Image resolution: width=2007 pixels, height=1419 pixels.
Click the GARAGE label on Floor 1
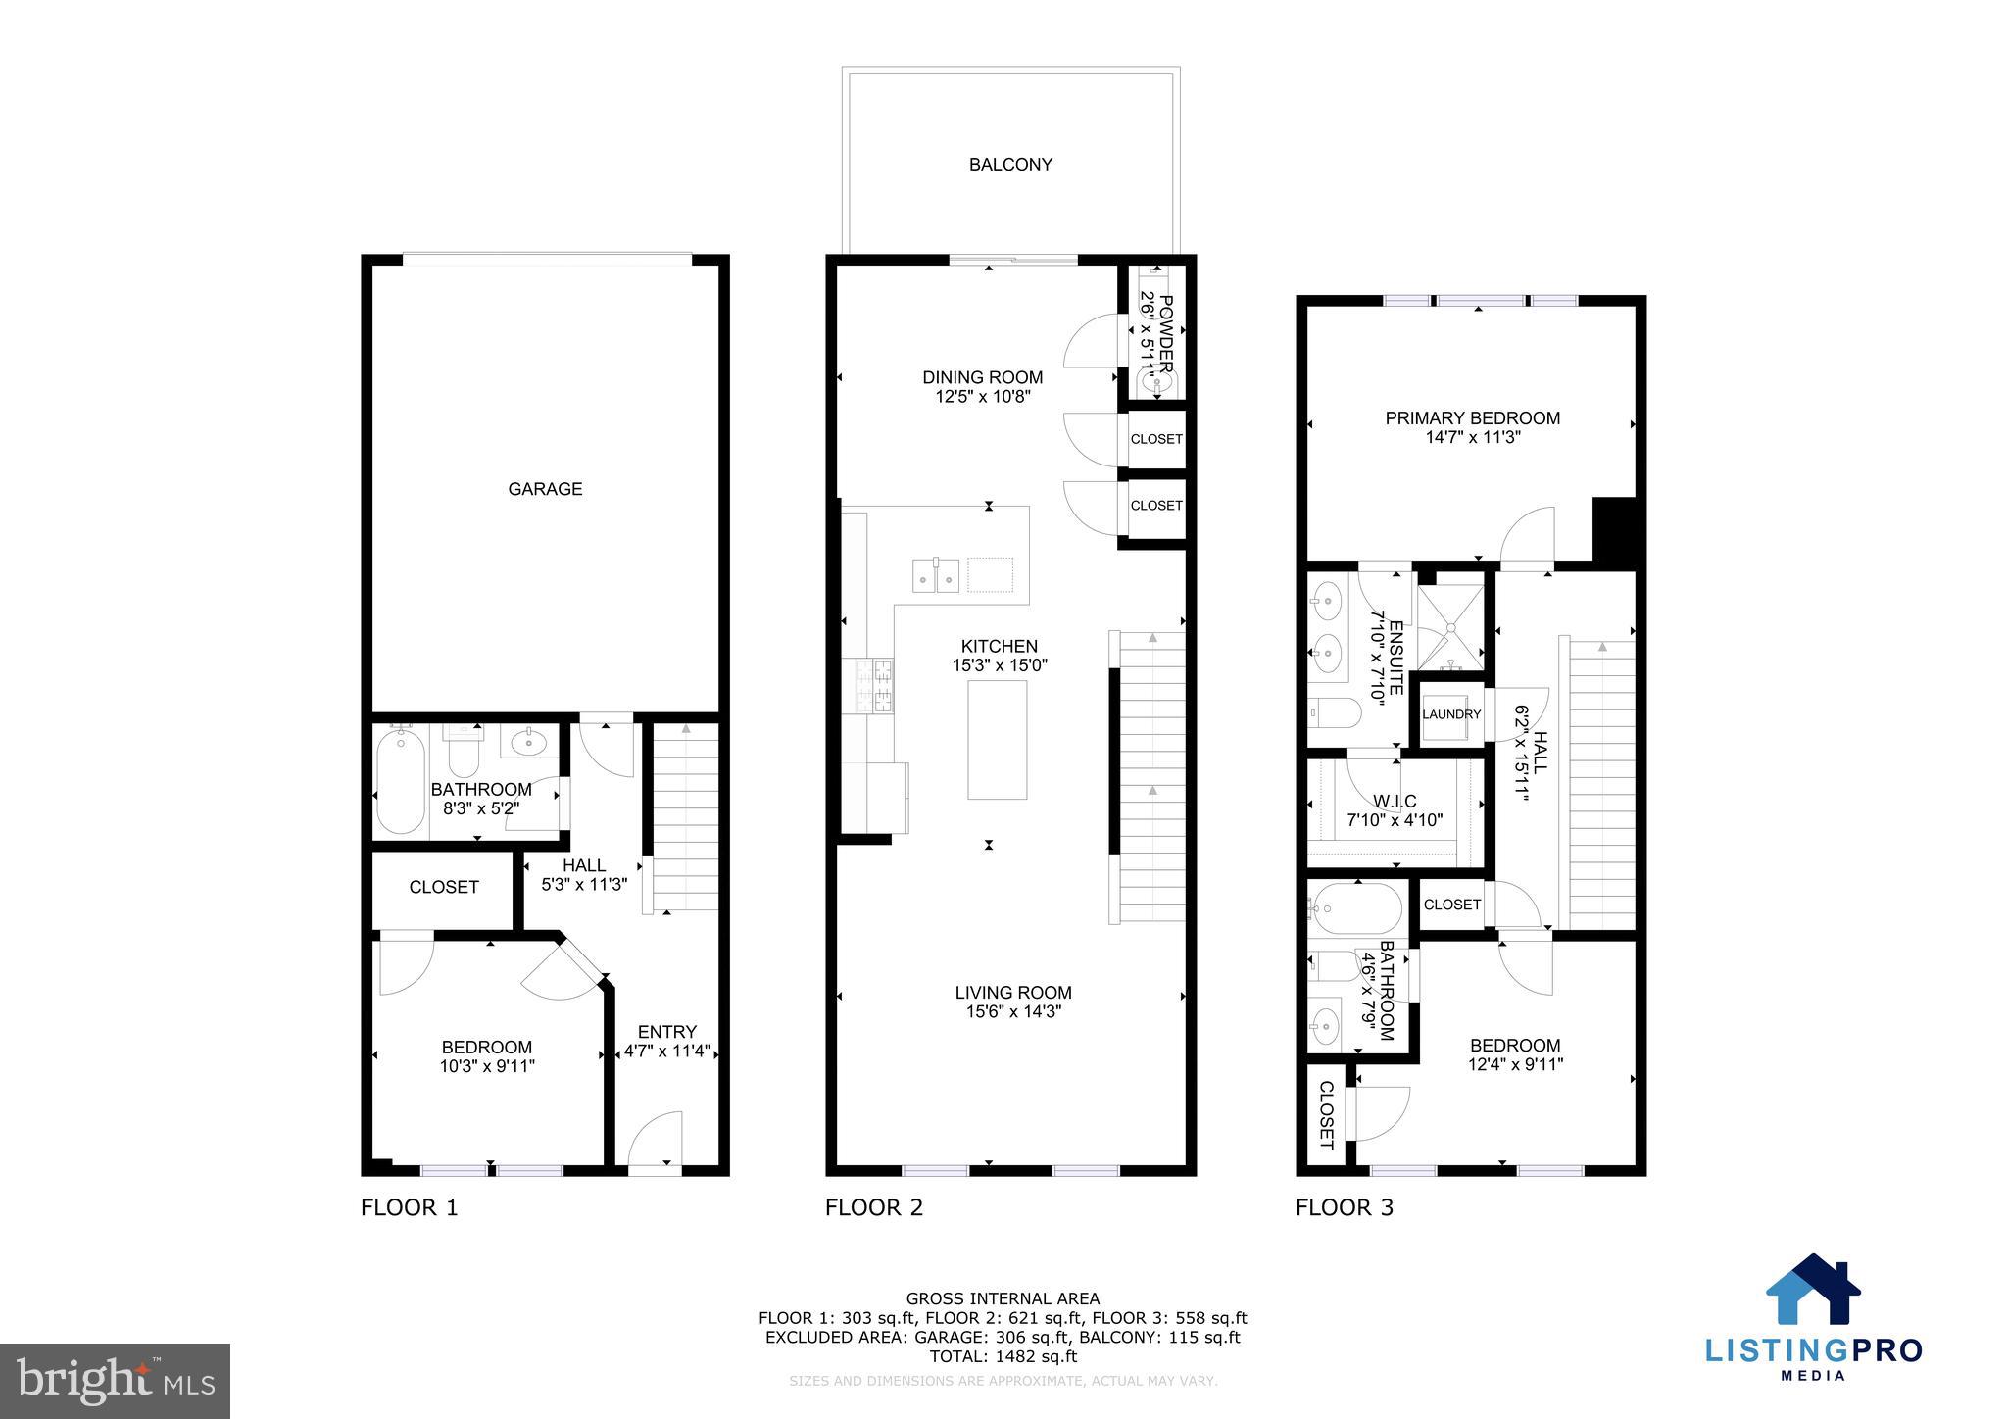click(545, 489)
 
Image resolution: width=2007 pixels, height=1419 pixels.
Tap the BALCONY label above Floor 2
click(1010, 165)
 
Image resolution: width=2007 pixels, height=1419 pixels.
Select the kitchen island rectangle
click(997, 740)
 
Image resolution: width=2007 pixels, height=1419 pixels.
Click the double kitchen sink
click(936, 575)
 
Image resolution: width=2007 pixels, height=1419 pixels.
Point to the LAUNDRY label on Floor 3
click(1451, 714)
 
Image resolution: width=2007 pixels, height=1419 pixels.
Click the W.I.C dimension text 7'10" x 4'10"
click(1395, 820)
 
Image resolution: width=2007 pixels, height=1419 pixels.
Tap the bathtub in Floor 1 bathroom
click(401, 782)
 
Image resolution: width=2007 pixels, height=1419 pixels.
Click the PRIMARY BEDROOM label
click(1472, 418)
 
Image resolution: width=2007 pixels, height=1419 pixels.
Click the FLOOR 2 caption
click(873, 1207)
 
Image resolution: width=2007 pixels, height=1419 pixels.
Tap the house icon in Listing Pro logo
click(1812, 1291)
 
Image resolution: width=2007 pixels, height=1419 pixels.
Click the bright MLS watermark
click(115, 1381)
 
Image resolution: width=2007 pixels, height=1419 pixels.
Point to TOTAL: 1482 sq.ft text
click(1003, 1356)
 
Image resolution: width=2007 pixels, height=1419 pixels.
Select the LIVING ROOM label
click(1013, 993)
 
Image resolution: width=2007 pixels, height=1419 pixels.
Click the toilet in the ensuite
click(1334, 712)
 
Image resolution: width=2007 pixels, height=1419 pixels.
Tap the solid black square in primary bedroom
click(1614, 530)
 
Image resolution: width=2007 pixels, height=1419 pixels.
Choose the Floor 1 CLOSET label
click(444, 887)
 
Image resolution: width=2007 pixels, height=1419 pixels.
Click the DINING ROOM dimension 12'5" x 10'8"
click(982, 397)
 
